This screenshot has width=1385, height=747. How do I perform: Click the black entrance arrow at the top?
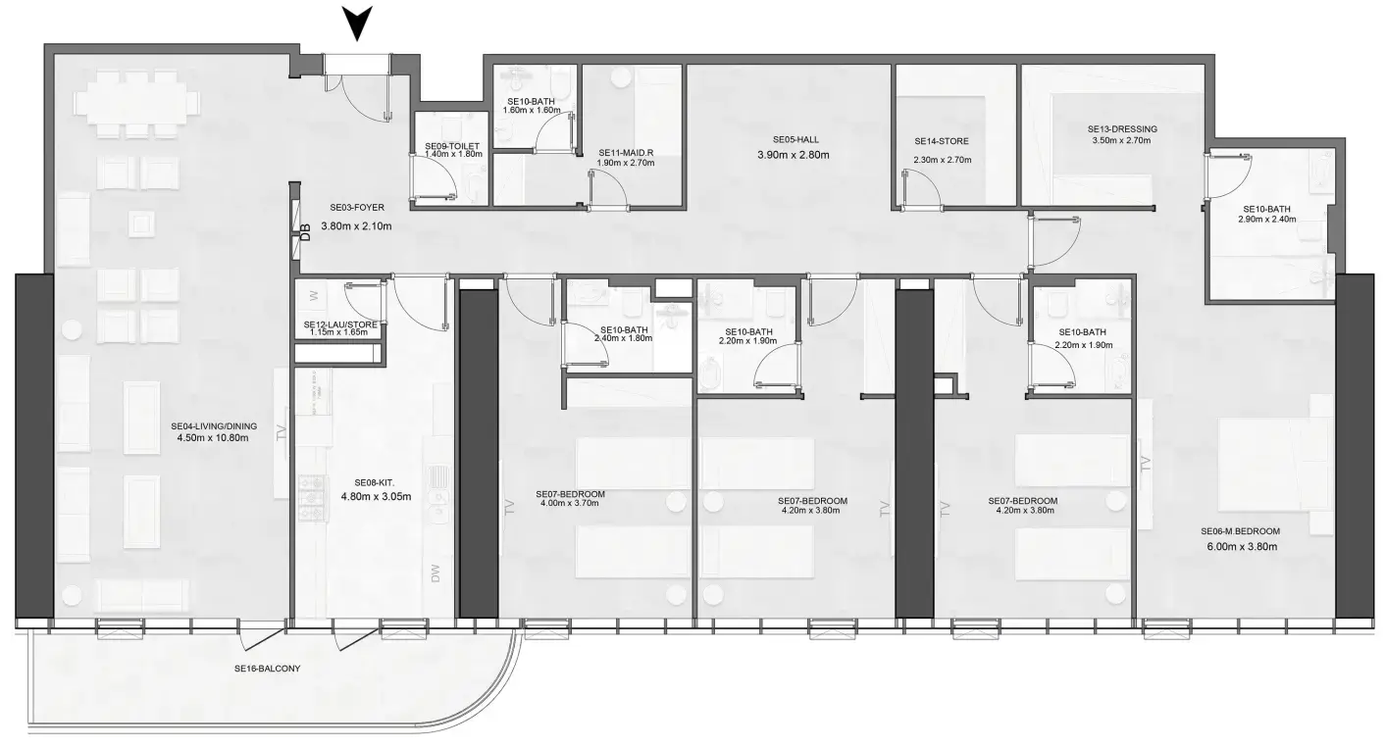point(359,22)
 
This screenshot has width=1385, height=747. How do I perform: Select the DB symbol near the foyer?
point(305,232)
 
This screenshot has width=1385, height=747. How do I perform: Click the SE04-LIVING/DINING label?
point(213,426)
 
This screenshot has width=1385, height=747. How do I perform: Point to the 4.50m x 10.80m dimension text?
point(213,438)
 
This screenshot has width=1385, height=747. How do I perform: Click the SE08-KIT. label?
point(375,482)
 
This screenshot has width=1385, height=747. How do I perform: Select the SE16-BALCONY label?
point(267,669)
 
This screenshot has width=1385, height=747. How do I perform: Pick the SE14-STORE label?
point(941,141)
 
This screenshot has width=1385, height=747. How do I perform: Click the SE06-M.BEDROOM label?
point(1240,531)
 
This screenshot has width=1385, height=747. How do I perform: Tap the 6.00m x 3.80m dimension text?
point(1240,547)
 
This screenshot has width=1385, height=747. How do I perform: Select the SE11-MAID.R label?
point(625,153)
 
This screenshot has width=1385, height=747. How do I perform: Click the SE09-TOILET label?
point(451,145)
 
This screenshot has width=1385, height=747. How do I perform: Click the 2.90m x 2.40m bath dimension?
point(1267,220)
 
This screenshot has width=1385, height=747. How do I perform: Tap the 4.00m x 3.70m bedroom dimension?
point(570,504)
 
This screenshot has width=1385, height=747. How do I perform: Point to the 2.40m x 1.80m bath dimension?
point(624,339)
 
